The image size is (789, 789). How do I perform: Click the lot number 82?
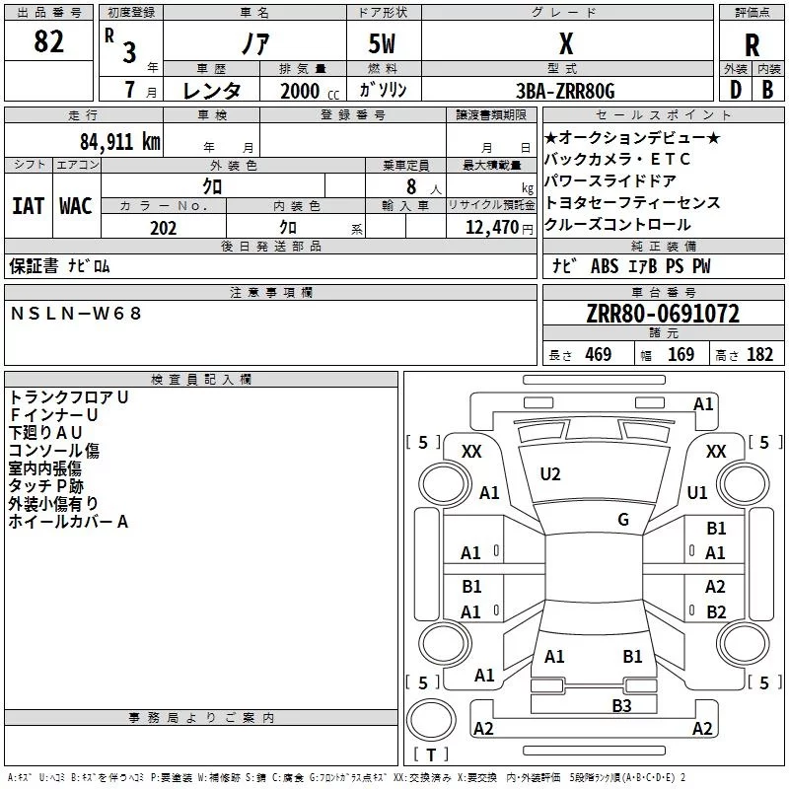coord(49,41)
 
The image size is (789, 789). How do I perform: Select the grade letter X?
coord(565,44)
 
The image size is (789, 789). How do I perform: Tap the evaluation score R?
coord(752,45)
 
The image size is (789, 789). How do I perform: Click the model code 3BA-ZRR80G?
coord(565,91)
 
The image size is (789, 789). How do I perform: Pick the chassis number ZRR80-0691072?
coord(662,314)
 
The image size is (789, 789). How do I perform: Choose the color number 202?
coord(163,228)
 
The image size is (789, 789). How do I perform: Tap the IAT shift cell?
coord(28,206)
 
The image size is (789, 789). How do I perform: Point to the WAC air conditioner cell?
coord(75,206)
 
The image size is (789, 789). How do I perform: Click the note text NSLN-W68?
coord(76,314)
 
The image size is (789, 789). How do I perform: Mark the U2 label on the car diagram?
coord(550,474)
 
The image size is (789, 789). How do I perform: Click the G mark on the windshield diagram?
coord(623,519)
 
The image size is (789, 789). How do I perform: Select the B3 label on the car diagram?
coord(621,704)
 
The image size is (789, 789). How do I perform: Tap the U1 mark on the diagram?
coord(697,492)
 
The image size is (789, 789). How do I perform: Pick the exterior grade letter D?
coord(735,91)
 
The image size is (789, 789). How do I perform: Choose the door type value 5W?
coord(384,44)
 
